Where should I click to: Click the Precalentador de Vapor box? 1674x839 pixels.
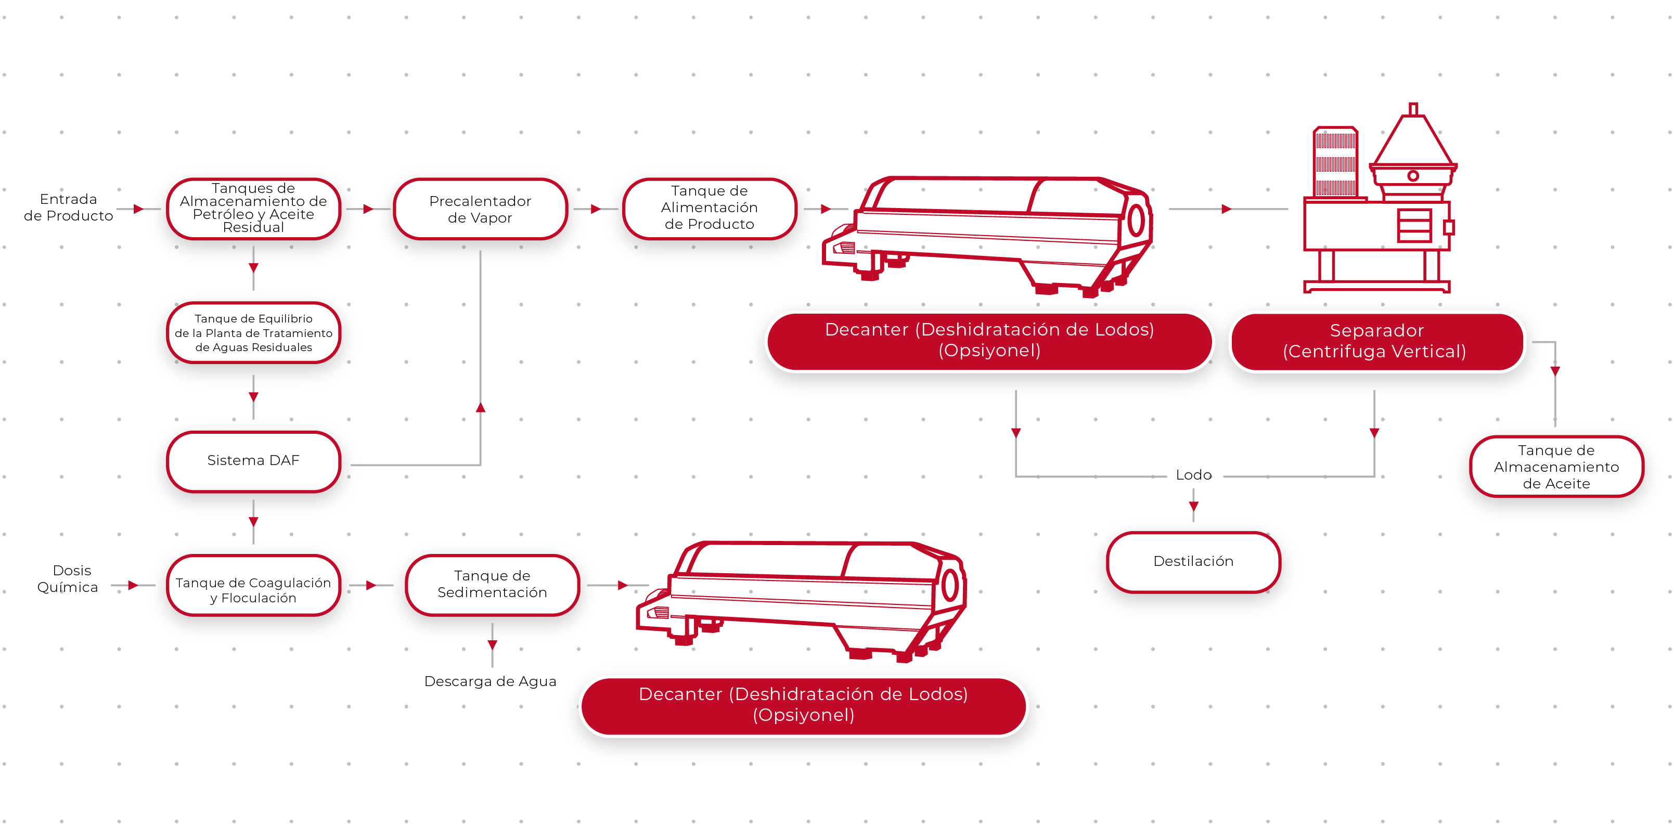[x=480, y=209]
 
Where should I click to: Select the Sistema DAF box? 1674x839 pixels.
[x=253, y=461]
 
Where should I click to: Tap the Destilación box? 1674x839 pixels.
[x=1193, y=561]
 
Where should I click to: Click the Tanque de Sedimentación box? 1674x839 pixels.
[x=492, y=584]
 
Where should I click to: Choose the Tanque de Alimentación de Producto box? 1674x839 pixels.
[x=709, y=208]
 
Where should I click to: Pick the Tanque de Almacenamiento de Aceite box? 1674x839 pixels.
[x=1556, y=467]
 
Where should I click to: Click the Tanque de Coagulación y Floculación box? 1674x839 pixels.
[x=253, y=590]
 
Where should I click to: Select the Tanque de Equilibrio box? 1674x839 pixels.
[x=253, y=333]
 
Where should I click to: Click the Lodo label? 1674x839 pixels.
[x=1193, y=475]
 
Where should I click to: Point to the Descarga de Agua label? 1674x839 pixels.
[x=490, y=681]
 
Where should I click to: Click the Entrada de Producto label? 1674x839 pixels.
[x=68, y=208]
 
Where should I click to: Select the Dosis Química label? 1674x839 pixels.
[x=68, y=578]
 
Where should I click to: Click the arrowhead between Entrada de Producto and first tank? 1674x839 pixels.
[x=138, y=209]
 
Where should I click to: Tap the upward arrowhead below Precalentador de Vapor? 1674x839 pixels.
[x=480, y=407]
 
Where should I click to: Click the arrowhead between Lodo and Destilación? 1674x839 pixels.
[x=1193, y=506]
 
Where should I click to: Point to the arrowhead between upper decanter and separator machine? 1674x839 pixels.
[x=1226, y=209]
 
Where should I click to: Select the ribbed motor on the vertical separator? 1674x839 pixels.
[x=1335, y=162]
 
